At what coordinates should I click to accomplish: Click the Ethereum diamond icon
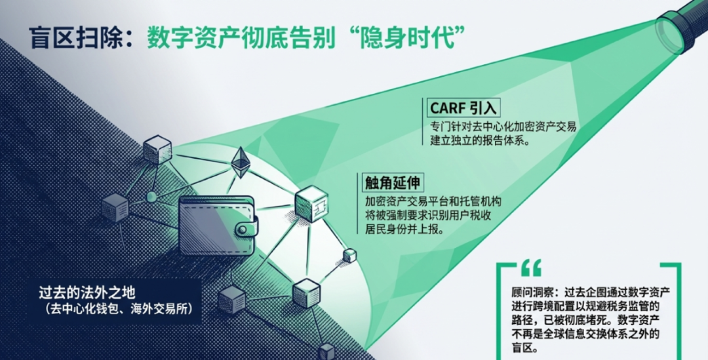[x=240, y=162]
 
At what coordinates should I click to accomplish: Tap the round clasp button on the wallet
[x=244, y=230]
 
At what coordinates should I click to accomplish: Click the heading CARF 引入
[x=463, y=108]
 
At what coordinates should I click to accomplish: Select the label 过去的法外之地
[x=87, y=292]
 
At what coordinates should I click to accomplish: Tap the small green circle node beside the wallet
[x=151, y=197]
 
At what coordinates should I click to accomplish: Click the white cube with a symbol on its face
[x=311, y=204]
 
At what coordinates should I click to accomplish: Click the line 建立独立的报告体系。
[x=479, y=140]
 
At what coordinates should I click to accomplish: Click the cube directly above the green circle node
[x=157, y=150]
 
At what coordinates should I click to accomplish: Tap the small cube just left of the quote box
[x=349, y=256]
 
